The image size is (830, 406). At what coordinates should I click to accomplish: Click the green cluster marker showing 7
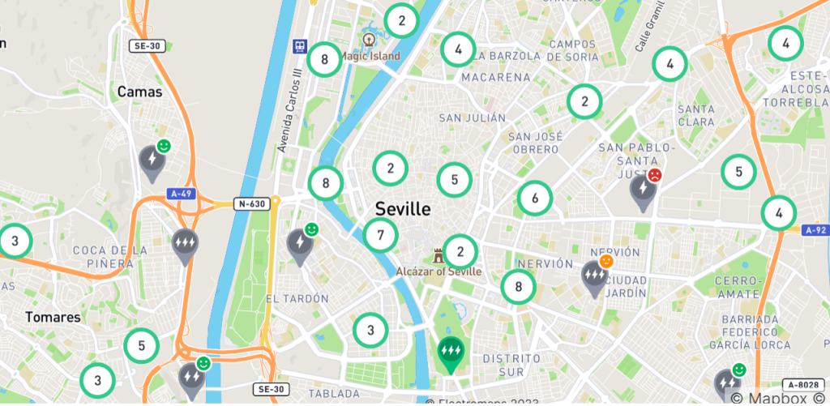point(380,236)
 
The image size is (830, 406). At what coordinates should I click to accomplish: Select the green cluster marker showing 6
point(535,198)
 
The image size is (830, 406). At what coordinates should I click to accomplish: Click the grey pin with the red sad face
point(644,191)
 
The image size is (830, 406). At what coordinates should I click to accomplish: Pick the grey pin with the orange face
point(595,277)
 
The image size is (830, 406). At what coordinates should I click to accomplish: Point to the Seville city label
point(403,209)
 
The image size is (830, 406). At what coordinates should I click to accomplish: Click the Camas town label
point(139,92)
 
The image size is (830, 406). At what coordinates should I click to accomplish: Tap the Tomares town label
point(53,317)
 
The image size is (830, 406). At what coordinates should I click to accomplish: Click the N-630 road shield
point(249,203)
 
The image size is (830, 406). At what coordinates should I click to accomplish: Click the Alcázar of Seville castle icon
point(439,255)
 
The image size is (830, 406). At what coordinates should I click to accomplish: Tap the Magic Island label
point(370,56)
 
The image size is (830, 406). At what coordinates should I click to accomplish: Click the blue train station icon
point(300,46)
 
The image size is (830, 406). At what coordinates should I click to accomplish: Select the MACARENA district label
point(495,78)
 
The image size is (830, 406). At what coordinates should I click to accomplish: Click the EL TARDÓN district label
point(297,298)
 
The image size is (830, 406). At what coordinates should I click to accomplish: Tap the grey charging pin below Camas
point(151,160)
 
